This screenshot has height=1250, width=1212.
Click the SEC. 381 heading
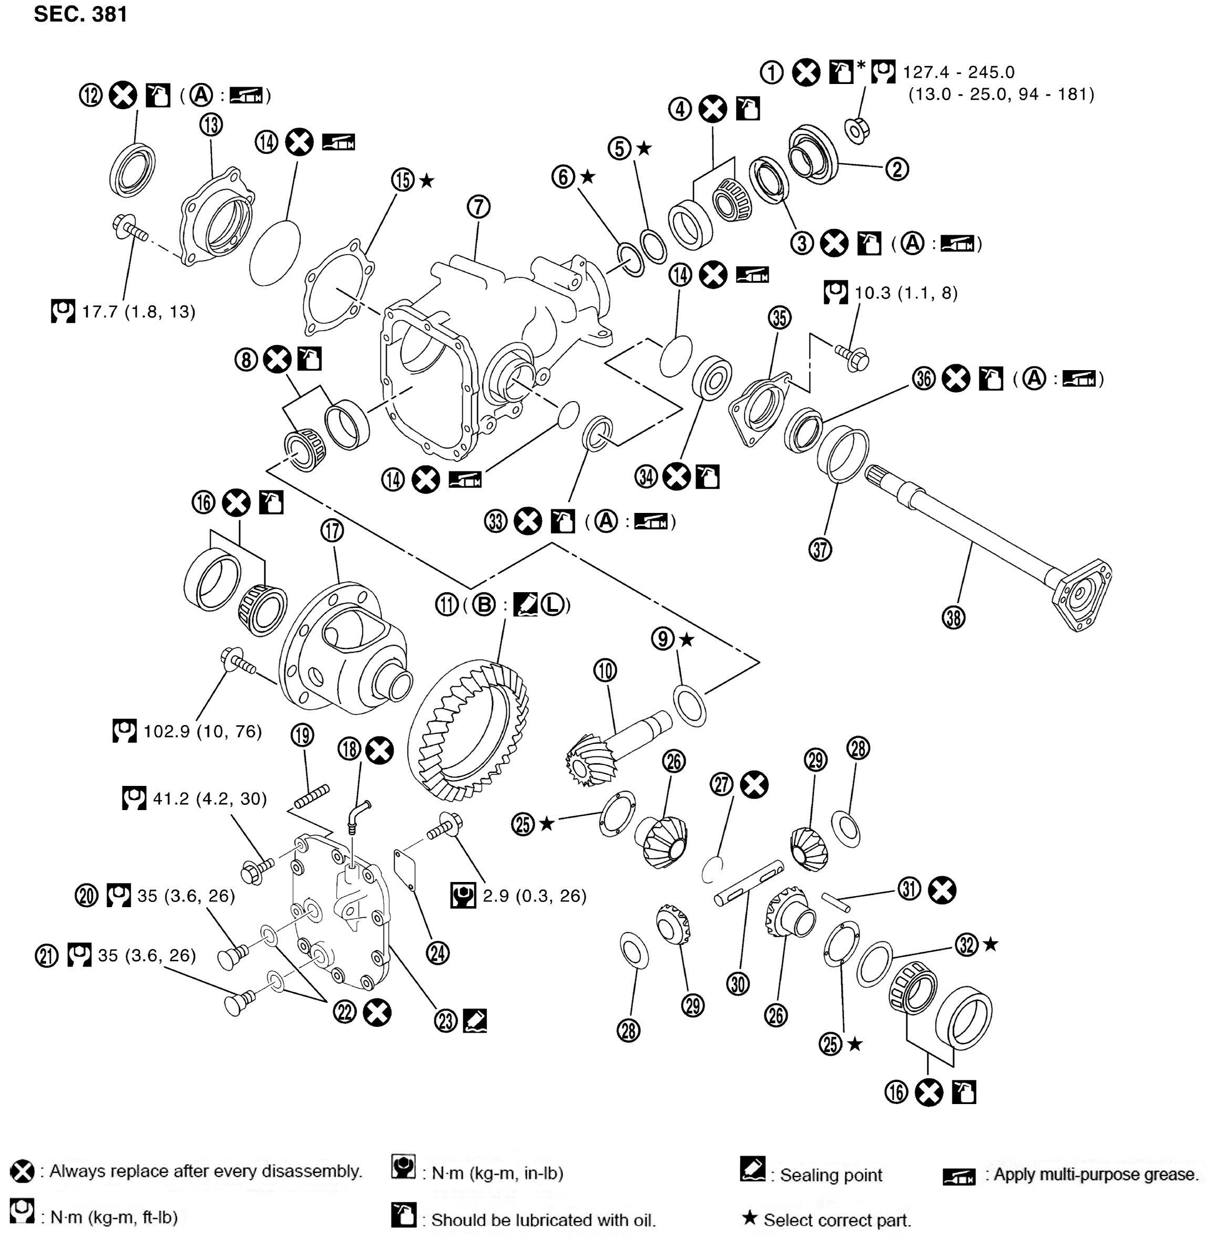(x=80, y=14)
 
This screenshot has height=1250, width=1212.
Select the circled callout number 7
(x=478, y=207)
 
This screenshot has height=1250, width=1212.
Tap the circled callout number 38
(x=954, y=617)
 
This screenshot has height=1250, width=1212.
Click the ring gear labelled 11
(x=469, y=730)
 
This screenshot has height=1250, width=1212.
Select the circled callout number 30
(x=739, y=984)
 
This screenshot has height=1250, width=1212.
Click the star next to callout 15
(x=427, y=181)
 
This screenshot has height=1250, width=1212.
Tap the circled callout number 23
(x=446, y=1021)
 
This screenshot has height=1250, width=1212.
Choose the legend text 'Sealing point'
(x=831, y=1175)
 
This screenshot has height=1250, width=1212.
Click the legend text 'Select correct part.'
(x=837, y=1220)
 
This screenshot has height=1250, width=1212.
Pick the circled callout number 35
(x=779, y=317)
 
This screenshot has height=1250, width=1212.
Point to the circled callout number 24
(x=438, y=953)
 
